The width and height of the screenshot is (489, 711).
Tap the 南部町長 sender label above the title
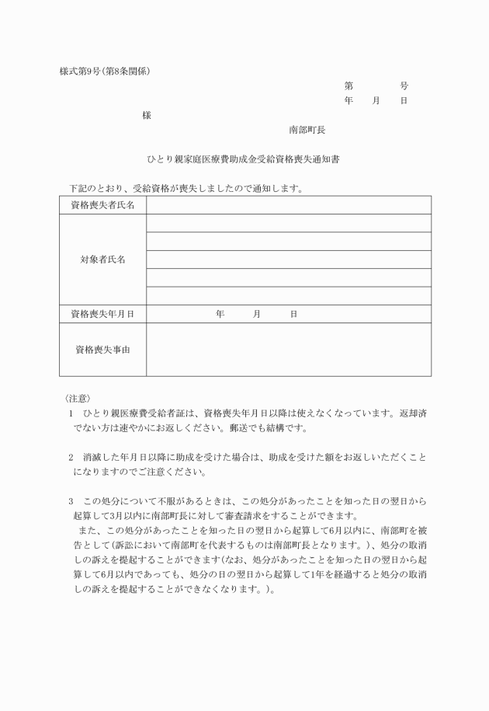(x=307, y=130)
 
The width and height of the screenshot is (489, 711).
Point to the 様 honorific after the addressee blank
(x=146, y=115)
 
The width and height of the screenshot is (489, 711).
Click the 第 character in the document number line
(x=349, y=85)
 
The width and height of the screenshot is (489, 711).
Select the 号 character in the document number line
(x=404, y=85)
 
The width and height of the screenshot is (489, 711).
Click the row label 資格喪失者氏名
(x=102, y=205)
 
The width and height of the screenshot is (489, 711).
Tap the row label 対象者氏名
(x=102, y=260)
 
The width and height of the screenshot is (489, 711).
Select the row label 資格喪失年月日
(x=102, y=314)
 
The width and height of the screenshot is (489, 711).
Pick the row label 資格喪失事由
(x=102, y=350)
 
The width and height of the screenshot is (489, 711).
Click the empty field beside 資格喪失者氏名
(x=288, y=205)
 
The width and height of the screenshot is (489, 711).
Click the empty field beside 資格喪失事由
(x=288, y=350)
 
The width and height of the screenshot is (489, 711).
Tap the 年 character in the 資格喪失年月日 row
(x=220, y=314)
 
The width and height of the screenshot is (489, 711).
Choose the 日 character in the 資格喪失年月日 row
(x=293, y=314)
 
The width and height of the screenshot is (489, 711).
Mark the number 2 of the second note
(x=71, y=458)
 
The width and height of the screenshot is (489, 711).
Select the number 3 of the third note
(x=71, y=501)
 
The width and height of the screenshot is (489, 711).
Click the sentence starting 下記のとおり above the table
(x=186, y=188)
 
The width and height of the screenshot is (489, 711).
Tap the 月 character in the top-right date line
(x=376, y=101)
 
